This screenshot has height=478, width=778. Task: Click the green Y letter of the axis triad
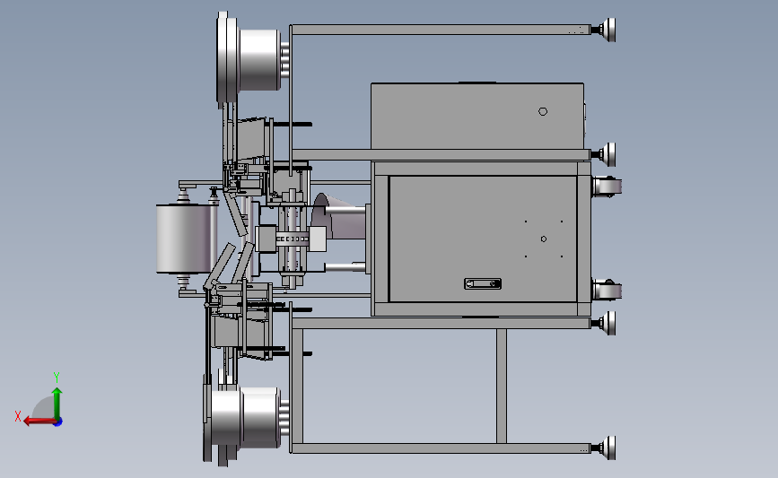click(57, 378)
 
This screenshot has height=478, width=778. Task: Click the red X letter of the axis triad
click(18, 416)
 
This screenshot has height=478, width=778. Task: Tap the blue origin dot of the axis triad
click(58, 422)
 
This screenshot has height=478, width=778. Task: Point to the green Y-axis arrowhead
click(57, 392)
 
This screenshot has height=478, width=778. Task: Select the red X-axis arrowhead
click(28, 421)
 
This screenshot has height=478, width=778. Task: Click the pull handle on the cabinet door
click(483, 283)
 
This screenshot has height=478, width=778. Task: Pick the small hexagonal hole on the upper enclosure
click(543, 111)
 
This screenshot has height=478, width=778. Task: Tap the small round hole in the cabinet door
click(543, 239)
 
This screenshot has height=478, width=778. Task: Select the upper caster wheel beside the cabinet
click(607, 187)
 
